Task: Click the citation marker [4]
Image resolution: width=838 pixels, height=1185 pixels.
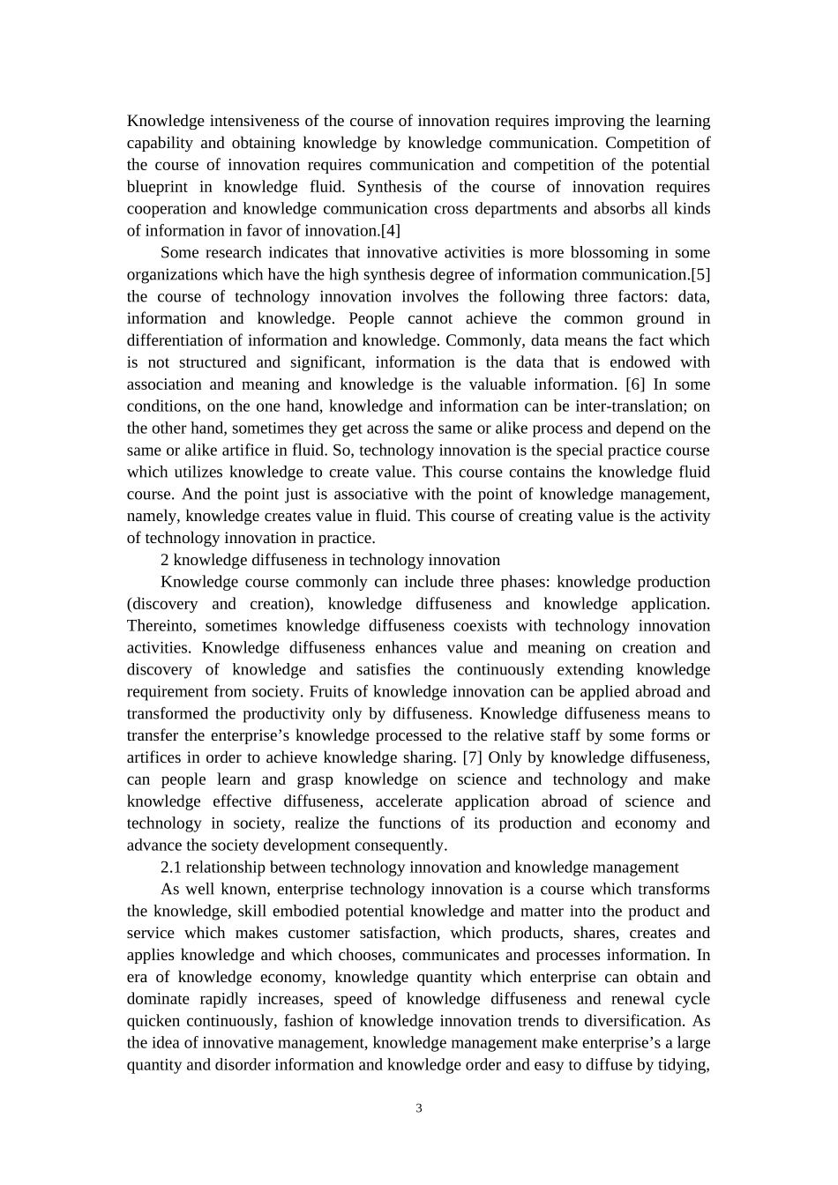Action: point(391,231)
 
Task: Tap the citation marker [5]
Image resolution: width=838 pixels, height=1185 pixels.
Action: point(700,275)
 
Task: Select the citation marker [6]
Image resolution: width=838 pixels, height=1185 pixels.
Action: point(635,384)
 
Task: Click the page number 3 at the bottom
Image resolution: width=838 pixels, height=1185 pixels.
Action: point(419,1108)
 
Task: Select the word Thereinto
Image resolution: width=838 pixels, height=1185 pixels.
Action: point(157,626)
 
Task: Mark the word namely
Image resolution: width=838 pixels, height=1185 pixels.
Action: point(153,516)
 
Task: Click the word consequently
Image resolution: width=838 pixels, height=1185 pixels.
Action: point(402,846)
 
